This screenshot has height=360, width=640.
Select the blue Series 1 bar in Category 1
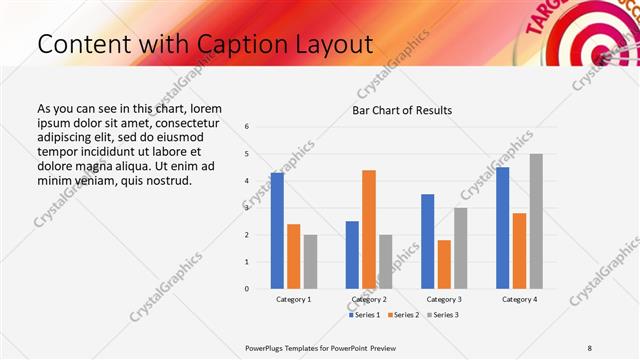(x=277, y=231)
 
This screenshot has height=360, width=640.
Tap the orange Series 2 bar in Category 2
(x=369, y=229)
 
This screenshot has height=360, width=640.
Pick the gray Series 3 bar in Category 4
(x=536, y=221)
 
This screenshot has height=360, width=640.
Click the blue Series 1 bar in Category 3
(x=427, y=241)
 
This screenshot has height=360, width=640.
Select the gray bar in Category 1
(x=310, y=262)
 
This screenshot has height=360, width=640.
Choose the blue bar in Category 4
(x=502, y=228)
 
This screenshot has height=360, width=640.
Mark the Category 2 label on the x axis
(x=369, y=299)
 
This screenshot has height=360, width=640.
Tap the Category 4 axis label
(x=519, y=299)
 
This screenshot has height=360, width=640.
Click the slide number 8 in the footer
(x=590, y=347)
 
